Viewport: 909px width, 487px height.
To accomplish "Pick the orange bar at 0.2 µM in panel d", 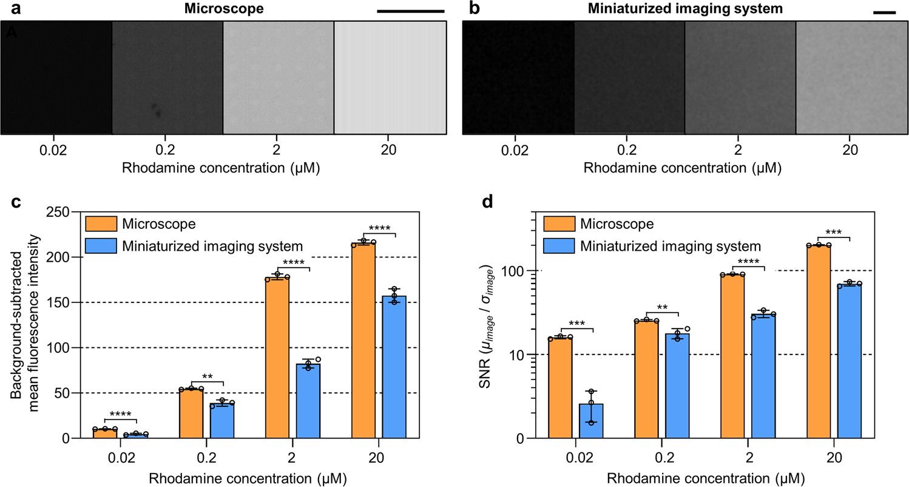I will (x=646, y=379).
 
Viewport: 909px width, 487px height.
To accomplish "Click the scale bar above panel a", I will (x=411, y=11).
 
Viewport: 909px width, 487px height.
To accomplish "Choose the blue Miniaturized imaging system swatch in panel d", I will (x=558, y=246).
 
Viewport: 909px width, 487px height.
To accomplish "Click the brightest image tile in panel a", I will (x=390, y=78).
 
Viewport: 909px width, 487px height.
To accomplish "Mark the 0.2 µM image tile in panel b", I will (x=629, y=78).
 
